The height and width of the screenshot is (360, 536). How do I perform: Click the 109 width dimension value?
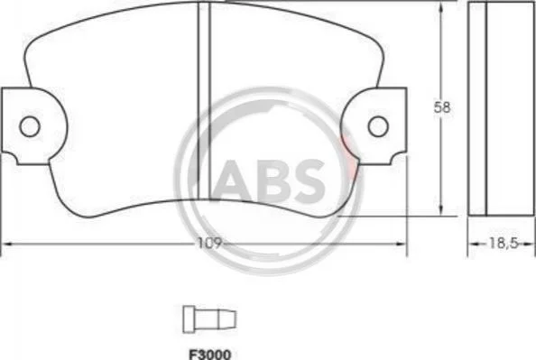[x=210, y=244]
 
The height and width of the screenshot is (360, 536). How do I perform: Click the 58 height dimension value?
[x=442, y=107]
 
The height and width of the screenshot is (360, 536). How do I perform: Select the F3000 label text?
[x=210, y=355]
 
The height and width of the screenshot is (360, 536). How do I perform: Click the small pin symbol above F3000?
[x=209, y=319]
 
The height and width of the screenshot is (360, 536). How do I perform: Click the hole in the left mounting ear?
[x=30, y=126]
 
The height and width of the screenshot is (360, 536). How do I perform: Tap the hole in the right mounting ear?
[x=378, y=126]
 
